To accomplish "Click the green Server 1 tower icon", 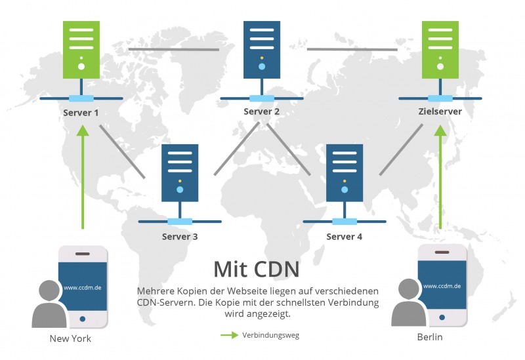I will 81,49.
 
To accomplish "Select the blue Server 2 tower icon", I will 262,49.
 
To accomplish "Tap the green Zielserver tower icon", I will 440,49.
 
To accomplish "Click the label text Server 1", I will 81,112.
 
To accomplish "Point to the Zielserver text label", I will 440,111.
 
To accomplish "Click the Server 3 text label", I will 180,236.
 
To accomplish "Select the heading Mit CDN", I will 256,269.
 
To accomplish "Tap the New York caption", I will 70,338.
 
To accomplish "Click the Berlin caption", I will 430,338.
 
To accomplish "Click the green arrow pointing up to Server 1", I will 82,177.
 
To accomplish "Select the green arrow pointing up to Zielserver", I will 440,177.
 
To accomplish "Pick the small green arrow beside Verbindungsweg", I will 229,335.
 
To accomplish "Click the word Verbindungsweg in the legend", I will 271,335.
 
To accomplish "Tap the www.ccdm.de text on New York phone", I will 82,287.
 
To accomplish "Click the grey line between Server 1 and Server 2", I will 173,49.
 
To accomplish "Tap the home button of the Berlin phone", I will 442,317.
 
